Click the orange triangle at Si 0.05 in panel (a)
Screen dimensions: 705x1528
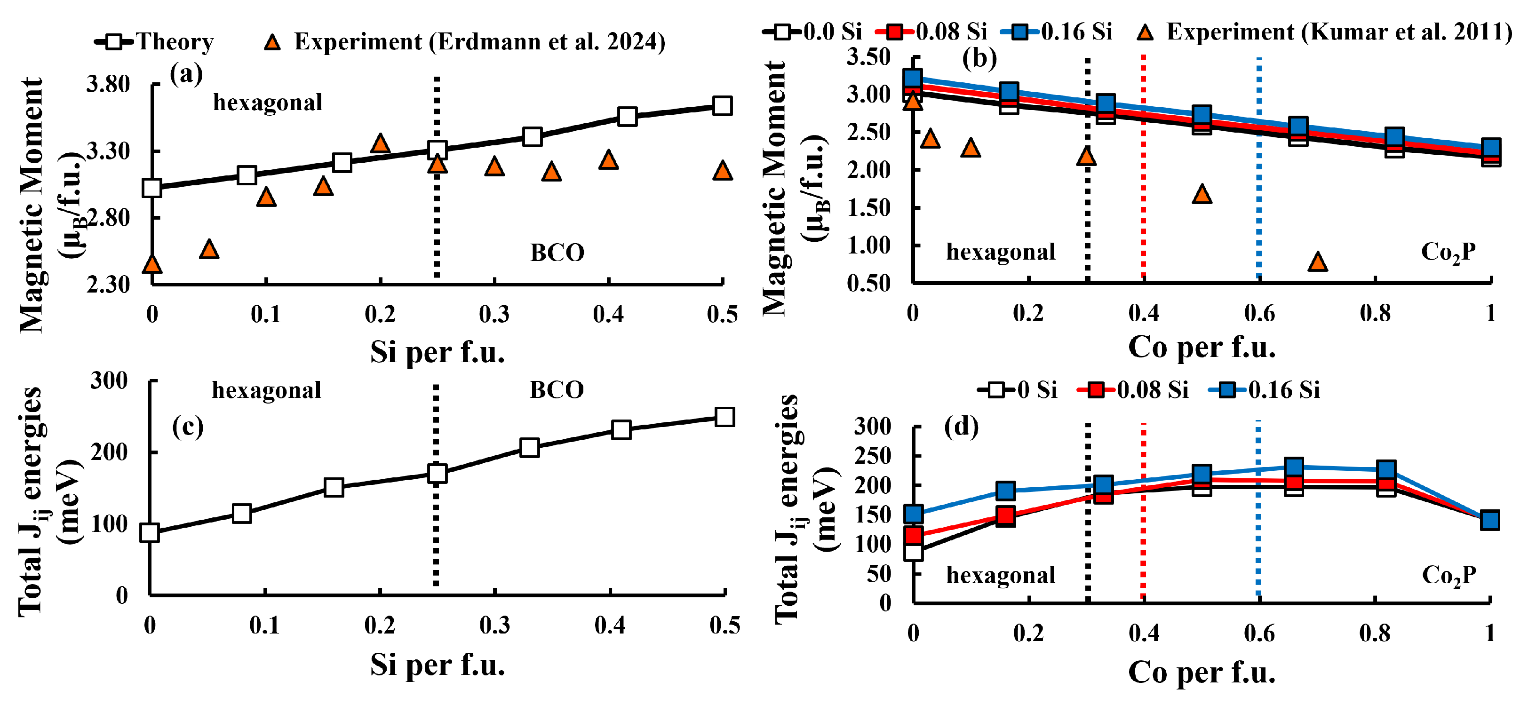209,250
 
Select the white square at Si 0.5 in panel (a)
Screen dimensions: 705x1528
722,106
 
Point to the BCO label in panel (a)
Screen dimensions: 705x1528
557,253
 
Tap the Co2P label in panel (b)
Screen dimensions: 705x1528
1448,253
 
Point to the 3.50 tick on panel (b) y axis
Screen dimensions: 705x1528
868,57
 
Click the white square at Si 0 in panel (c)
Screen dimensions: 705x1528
150,532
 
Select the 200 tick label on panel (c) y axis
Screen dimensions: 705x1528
109,452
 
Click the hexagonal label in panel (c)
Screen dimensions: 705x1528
266,391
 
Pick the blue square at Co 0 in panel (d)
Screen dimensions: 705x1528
914,514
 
